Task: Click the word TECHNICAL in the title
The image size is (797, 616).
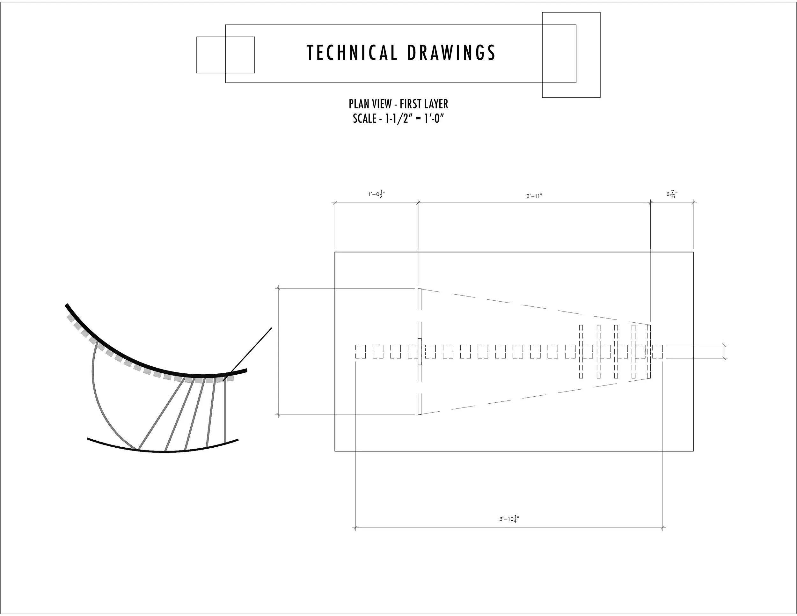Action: click(x=352, y=53)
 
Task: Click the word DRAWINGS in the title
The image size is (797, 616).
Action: click(x=451, y=53)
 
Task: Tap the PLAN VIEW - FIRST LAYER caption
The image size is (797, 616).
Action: click(x=398, y=104)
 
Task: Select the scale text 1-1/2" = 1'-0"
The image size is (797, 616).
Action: click(x=414, y=119)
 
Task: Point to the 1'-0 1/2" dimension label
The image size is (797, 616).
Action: click(x=376, y=194)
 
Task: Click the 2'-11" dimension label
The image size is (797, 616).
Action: click(x=534, y=196)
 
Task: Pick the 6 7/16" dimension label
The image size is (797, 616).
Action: click(x=671, y=194)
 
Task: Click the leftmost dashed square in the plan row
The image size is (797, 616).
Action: click(x=361, y=351)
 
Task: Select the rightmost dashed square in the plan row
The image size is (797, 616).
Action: click(x=658, y=351)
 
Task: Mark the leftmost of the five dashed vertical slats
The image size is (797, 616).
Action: click(x=581, y=351)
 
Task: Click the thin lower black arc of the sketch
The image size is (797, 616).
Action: click(x=164, y=452)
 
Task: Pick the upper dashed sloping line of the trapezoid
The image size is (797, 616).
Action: click(x=533, y=307)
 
